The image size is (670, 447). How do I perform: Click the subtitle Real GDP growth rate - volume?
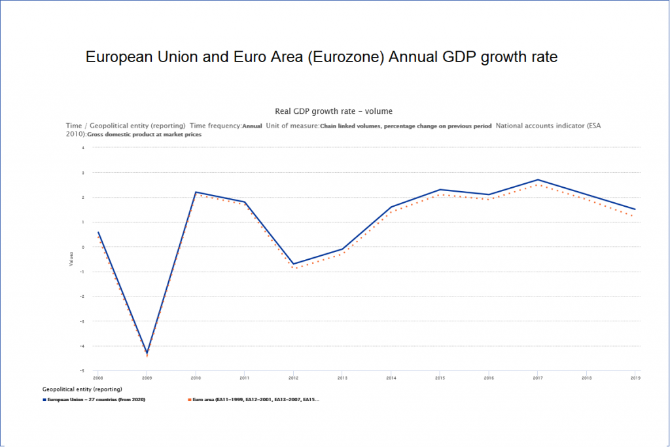pyautogui.click(x=334, y=111)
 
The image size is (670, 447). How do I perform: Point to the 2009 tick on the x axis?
pyautogui.click(x=147, y=378)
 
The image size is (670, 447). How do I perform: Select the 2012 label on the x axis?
pyautogui.click(x=293, y=378)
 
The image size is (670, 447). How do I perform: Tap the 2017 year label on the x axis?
pyautogui.click(x=537, y=378)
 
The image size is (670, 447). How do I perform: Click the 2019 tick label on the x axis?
pyautogui.click(x=634, y=378)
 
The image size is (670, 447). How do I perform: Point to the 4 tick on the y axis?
pyautogui.click(x=83, y=148)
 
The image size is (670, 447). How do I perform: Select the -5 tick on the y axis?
pyautogui.click(x=82, y=371)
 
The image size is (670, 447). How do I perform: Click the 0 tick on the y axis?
pyautogui.click(x=83, y=247)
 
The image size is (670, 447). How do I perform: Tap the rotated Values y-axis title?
pyautogui.click(x=71, y=259)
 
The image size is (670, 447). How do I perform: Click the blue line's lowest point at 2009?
pyautogui.click(x=147, y=353)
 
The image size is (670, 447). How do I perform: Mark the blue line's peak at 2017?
pyautogui.click(x=537, y=180)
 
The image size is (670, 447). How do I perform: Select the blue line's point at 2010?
pyautogui.click(x=196, y=192)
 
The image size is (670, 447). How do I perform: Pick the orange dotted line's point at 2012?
pyautogui.click(x=293, y=268)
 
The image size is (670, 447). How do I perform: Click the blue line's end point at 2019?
pyautogui.click(x=634, y=209)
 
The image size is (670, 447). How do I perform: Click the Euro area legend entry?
pyautogui.click(x=255, y=399)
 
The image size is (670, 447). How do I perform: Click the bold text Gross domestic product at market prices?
pyautogui.click(x=144, y=134)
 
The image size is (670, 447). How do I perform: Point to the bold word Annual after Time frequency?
pyautogui.click(x=252, y=126)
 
